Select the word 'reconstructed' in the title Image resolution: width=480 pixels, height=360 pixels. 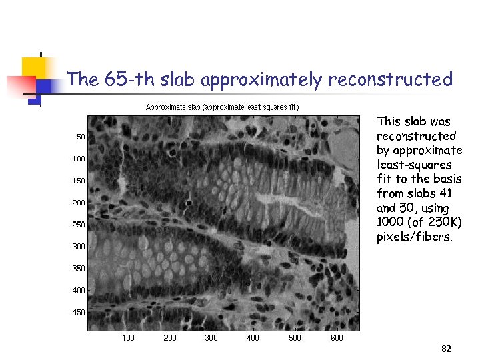pos(390,80)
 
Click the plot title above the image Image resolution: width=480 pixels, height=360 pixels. pos(222,107)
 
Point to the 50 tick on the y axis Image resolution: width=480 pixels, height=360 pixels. pos(80,137)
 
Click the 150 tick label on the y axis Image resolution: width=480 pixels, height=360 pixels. pos(79,181)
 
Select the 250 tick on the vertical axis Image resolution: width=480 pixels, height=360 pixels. pos(79,225)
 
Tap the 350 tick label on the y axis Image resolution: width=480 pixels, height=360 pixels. pos(79,269)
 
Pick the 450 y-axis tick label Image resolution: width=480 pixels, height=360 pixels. pos(79,313)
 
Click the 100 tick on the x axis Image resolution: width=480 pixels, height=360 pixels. pos(128,338)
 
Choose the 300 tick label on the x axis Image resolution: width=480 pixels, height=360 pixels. pos(211,338)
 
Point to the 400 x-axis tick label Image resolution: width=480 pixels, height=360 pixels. pos(253,338)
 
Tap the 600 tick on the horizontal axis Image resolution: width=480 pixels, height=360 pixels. pos(337,338)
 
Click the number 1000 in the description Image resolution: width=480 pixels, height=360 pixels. pos(391,223)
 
